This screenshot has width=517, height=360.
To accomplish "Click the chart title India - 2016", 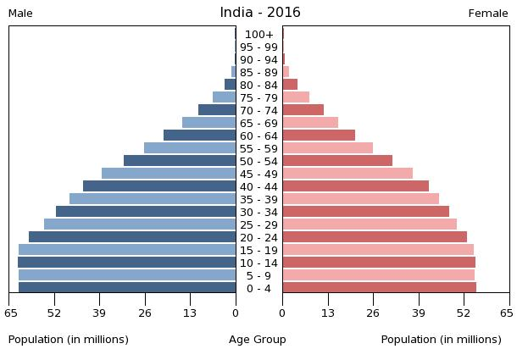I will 259,13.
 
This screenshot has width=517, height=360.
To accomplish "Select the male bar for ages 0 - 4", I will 127,288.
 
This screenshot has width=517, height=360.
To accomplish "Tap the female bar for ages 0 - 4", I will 379,288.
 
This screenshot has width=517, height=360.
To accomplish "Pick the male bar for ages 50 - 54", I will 180,161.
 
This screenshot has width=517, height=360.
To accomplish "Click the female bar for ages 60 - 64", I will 319,136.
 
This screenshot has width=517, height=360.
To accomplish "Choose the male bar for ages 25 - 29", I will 140,224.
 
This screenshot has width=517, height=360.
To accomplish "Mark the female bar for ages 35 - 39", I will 360,199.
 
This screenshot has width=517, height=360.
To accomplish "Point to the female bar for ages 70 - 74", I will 303,110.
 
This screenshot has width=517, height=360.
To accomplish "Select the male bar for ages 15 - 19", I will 127,250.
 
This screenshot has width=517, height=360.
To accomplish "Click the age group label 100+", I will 258,35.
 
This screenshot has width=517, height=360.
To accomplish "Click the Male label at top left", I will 20,14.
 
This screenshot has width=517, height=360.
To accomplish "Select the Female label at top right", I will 488,14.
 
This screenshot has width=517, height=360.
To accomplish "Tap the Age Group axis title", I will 258,340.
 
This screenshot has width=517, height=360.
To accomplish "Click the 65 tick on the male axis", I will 10,313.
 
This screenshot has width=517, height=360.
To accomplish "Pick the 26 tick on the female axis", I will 373,313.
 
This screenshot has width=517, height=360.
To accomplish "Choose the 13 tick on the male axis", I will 191,313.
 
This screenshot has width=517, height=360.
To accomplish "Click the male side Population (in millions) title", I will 69,340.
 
